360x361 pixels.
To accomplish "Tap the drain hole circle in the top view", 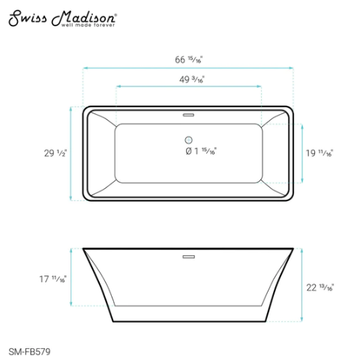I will point(187,140).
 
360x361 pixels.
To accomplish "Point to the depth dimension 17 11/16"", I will point(55,279).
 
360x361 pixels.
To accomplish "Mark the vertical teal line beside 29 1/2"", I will point(70,153).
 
